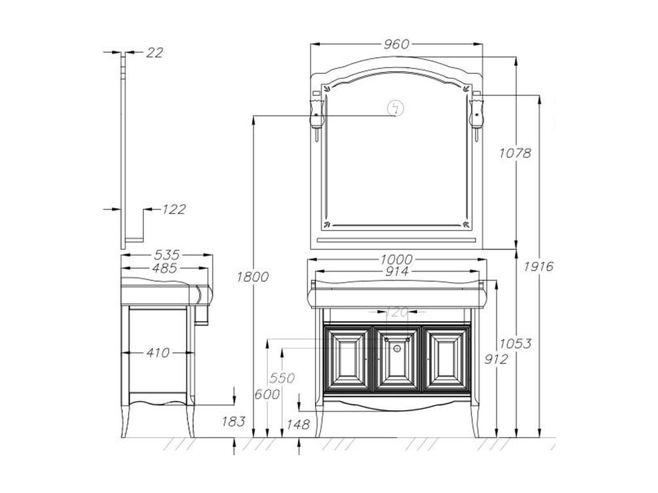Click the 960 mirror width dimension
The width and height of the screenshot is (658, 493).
(396, 44)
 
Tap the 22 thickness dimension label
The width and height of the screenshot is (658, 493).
(154, 53)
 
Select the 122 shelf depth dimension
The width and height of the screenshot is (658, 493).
(173, 209)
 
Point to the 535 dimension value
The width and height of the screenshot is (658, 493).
(166, 255)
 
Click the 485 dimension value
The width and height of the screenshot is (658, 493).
(164, 268)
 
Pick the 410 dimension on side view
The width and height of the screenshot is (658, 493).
(158, 353)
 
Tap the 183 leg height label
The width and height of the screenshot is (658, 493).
(233, 421)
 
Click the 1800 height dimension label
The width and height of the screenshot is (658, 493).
(253, 277)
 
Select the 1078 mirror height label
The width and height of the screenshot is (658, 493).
(515, 153)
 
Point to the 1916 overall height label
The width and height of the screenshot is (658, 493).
(538, 266)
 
